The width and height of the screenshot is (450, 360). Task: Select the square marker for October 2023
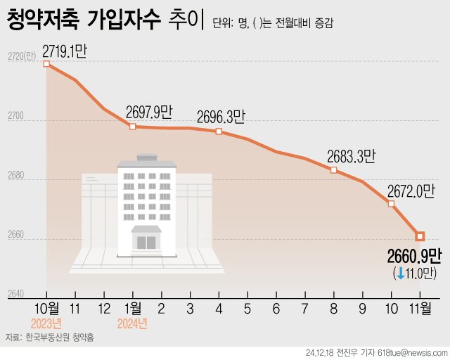(47, 64)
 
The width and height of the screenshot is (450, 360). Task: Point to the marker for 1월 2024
(132, 127)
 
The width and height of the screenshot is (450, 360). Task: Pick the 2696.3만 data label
(221, 116)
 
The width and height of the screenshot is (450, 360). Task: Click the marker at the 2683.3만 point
(333, 170)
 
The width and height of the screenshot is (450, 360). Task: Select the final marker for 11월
(420, 236)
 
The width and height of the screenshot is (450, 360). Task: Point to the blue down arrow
(401, 273)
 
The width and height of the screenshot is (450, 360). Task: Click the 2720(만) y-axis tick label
(20, 56)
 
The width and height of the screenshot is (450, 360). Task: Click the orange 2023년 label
(47, 323)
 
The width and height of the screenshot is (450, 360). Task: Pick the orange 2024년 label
(132, 323)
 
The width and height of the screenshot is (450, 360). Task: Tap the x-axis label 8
(333, 308)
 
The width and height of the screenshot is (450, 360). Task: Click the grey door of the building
(146, 243)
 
